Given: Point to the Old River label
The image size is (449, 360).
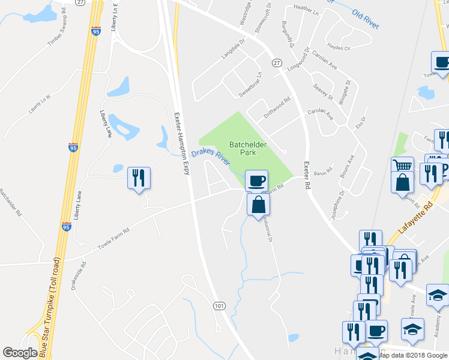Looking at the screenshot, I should point(366,19).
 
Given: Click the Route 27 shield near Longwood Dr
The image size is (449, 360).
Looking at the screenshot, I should point(277,62).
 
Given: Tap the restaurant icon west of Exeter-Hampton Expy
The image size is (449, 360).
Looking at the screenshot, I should point(139,178).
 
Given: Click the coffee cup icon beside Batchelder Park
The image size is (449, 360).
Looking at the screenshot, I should point(256,180).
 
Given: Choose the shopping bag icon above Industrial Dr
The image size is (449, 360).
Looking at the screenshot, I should point(258,204).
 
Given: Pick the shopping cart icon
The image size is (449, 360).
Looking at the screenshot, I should point(402,166).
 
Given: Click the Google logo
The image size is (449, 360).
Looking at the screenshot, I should point(20,353).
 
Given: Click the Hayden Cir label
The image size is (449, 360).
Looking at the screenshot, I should point(339,47).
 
